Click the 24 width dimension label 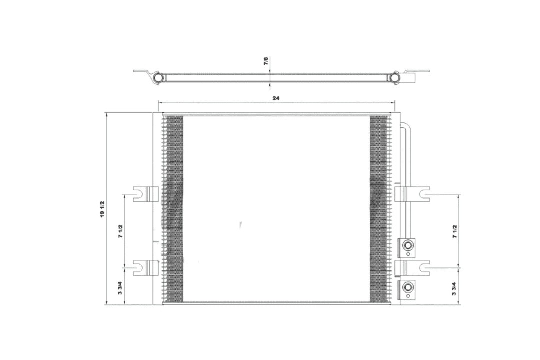pos(276,98)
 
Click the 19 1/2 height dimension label pos(102,209)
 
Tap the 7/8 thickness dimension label pos(266,61)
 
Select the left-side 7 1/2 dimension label pos(120,231)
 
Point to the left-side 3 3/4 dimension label pos(120,288)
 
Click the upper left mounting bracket pos(146,194)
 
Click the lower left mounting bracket pos(146,267)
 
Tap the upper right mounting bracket pos(412,194)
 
